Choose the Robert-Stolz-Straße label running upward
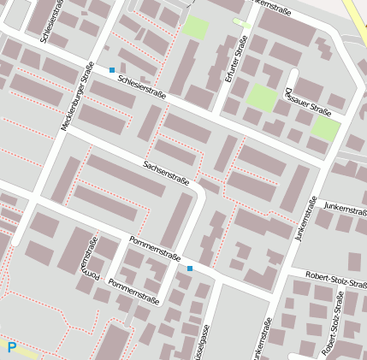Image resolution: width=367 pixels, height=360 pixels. tap(333, 325)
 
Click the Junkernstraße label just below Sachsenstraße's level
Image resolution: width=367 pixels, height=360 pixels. tap(305, 218)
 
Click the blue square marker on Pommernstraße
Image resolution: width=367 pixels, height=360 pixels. tap(190, 269)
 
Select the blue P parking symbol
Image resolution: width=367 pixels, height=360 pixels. tap(12, 347)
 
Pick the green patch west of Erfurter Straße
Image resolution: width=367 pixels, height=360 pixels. tap(196, 27)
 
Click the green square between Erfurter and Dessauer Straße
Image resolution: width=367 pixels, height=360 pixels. tap(262, 97)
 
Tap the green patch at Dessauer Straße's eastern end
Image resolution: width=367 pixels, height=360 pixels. tap(325, 129)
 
